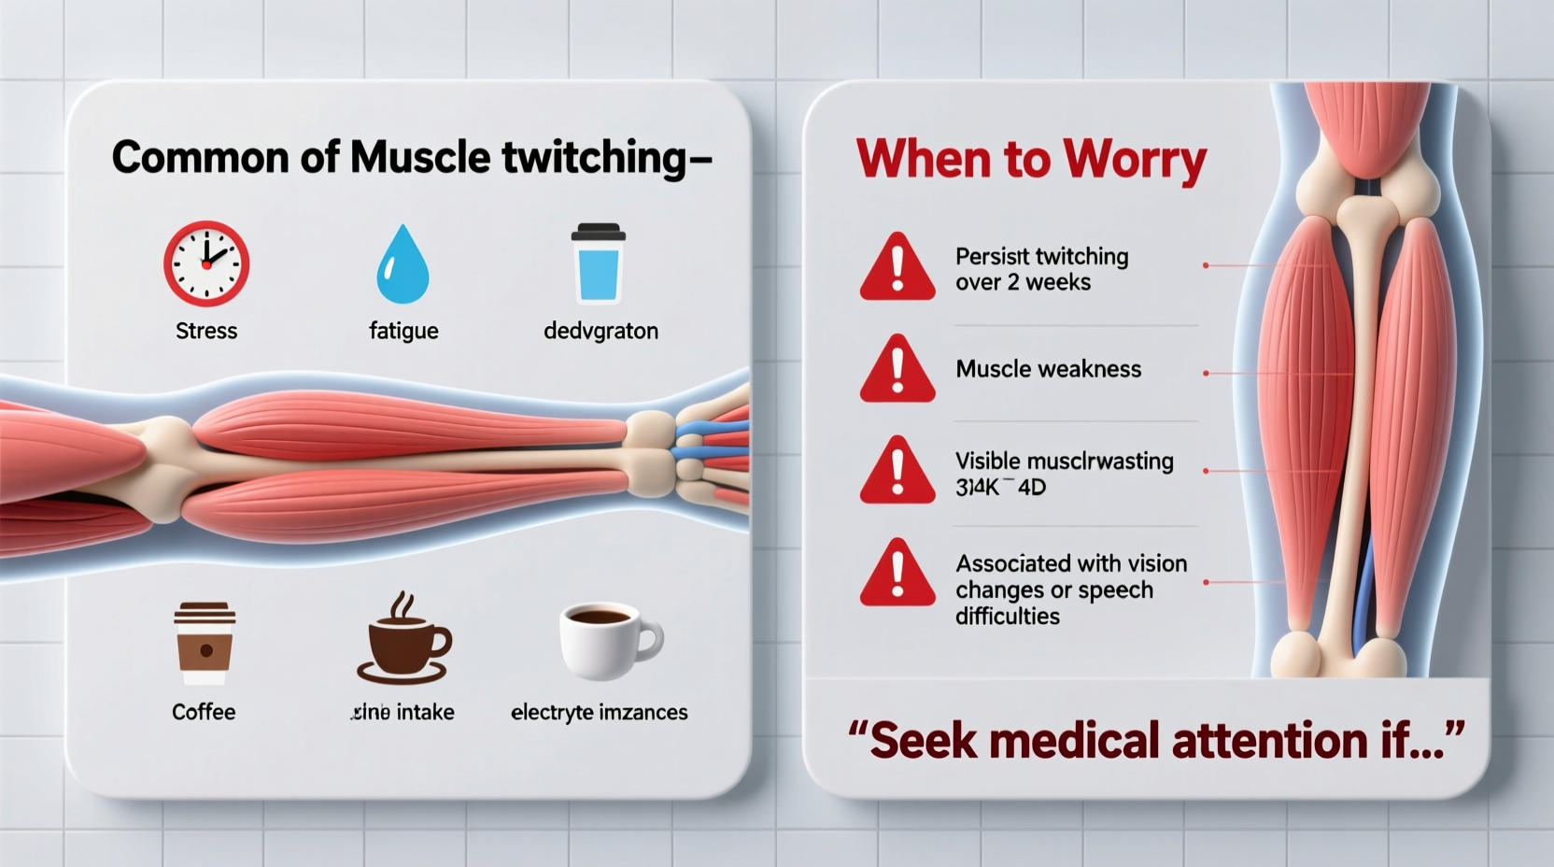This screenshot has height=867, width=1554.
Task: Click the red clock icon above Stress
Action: coord(206,263)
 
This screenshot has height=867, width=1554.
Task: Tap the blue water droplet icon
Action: coord(403,265)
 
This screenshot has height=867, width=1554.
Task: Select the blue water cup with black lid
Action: coord(598,263)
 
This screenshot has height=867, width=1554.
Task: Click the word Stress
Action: coord(206,331)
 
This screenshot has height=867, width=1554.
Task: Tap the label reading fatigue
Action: coord(403,331)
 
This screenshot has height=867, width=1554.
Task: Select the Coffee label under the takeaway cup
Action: coord(204,712)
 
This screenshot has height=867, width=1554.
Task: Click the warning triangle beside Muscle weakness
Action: coord(897,370)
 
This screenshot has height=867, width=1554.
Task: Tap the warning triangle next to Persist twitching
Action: coord(897,268)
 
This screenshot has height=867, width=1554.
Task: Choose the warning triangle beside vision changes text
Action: coord(897,574)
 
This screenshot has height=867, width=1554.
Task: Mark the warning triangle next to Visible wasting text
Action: coord(897,472)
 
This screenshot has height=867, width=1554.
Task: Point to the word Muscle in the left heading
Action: coord(421,157)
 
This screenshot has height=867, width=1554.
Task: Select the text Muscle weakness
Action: coord(1048,369)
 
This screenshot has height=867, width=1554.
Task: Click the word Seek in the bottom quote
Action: coord(922,741)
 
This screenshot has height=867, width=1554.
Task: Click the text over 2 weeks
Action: coord(1023,282)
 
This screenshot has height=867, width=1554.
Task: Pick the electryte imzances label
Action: coord(599,712)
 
